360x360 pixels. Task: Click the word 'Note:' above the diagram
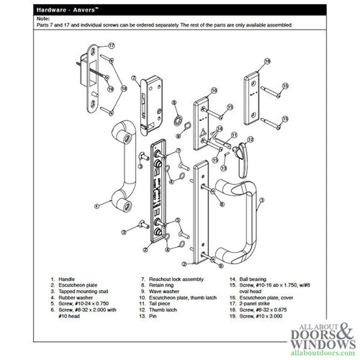(45, 18)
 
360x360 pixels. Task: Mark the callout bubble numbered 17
(112, 45)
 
